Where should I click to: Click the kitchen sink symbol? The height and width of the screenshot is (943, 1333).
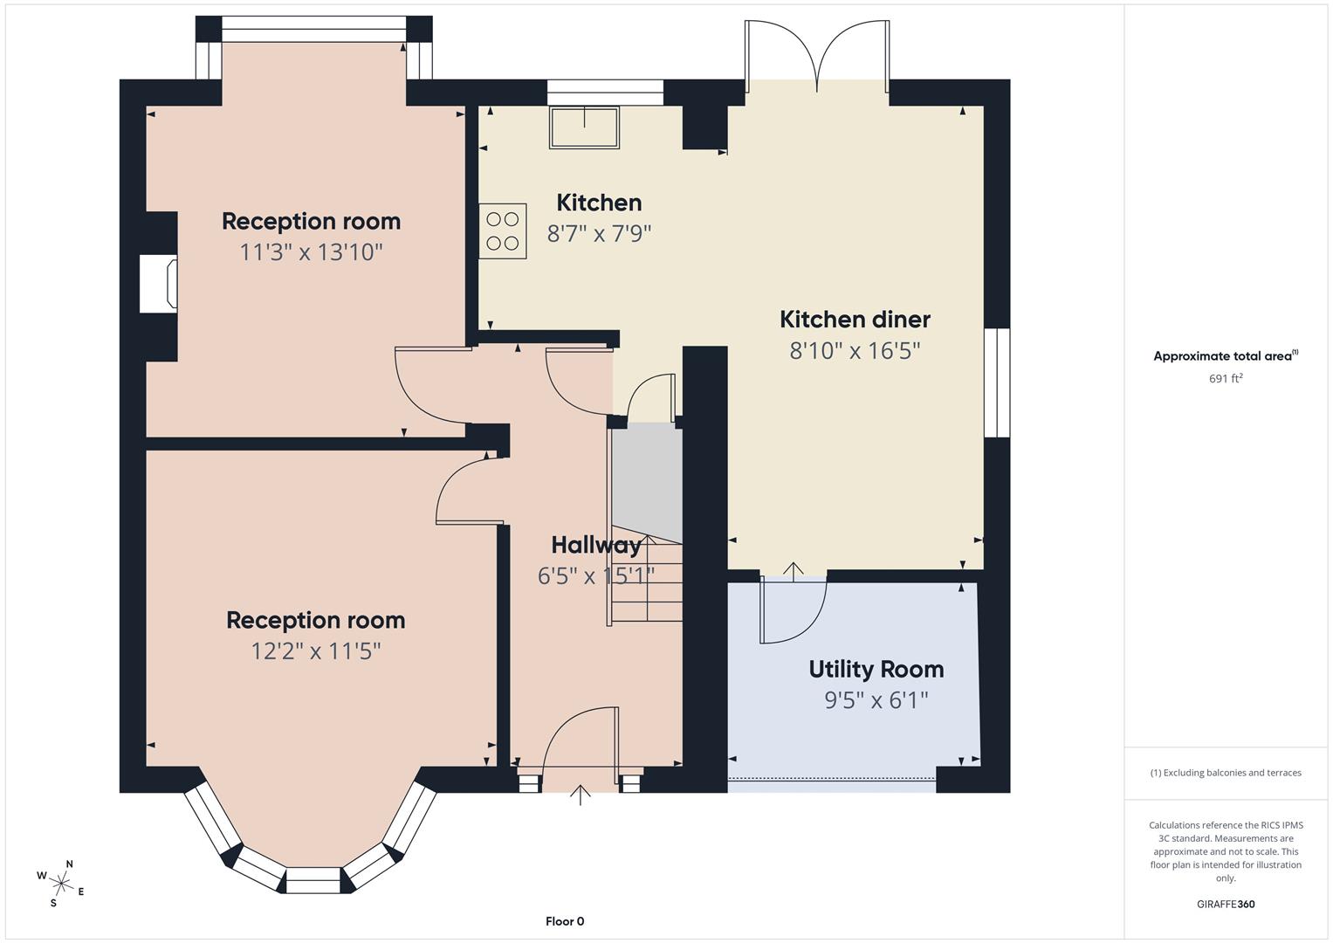tap(584, 127)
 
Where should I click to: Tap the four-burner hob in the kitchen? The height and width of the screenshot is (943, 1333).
tap(503, 231)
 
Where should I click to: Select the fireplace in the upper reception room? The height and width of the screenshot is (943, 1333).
tap(159, 284)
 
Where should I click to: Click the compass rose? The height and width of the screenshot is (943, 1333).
tap(60, 882)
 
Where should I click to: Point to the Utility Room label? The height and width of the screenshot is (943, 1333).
tap(876, 669)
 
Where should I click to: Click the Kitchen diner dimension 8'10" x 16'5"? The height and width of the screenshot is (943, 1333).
tap(855, 351)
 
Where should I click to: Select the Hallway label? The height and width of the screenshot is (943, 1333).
tap(595, 545)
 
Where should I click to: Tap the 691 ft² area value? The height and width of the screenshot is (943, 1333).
tap(1225, 379)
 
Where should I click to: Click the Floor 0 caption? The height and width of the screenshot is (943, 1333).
tap(565, 921)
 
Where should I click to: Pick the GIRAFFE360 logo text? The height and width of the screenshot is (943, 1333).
tap(1225, 904)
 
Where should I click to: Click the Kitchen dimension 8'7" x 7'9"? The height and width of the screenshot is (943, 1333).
tap(599, 234)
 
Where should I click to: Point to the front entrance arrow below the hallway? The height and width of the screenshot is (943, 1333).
tap(581, 795)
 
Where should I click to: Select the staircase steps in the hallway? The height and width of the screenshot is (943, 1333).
tap(646, 581)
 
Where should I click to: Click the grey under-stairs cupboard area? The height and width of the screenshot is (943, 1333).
tap(647, 480)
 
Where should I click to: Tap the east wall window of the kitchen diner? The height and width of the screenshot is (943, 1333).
tap(997, 382)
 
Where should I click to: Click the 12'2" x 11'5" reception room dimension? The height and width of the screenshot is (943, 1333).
tap(315, 651)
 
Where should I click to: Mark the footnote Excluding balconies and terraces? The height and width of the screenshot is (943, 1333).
tap(1225, 773)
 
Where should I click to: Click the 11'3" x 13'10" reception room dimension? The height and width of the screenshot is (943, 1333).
tap(311, 252)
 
